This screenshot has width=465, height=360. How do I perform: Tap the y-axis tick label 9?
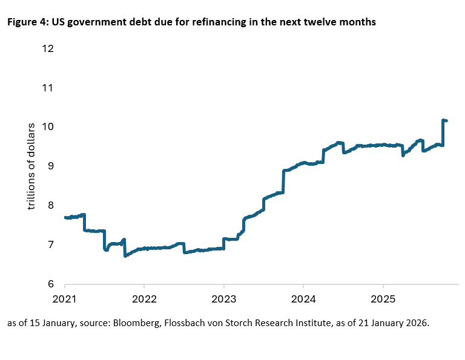(50, 166)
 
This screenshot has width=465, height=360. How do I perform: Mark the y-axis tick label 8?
(50, 206)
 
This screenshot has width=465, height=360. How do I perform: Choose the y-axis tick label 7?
(50, 245)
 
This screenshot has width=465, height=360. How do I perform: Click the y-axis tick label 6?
(50, 284)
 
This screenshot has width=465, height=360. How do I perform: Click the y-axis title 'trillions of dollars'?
(31, 166)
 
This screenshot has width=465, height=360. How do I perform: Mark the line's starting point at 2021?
(65, 217)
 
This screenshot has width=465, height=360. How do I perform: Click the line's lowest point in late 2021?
(125, 256)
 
